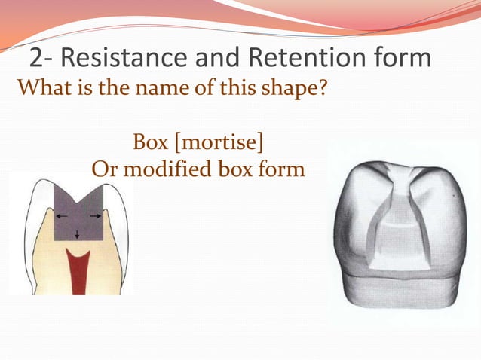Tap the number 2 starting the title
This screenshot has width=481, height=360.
point(37,58)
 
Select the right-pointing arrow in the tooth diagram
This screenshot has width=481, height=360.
point(95,216)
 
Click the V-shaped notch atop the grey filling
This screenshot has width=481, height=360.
point(79,190)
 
